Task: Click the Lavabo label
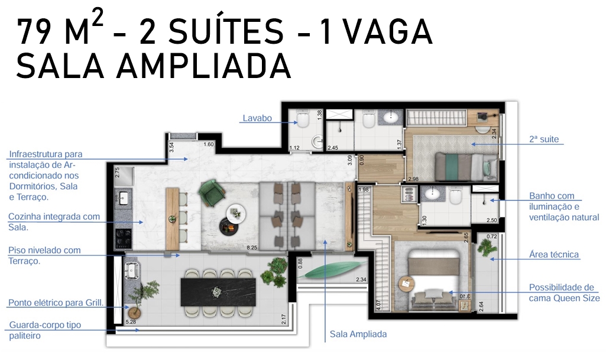257,118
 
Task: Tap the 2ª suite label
544,139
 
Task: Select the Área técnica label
554,254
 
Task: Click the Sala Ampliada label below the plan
358,334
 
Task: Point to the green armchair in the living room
212,193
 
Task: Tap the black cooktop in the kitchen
124,238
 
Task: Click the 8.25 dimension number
252,248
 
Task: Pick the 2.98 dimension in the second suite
413,179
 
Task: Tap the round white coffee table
236,213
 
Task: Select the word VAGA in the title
388,32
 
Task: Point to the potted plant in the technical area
486,246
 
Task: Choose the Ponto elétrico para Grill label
56,303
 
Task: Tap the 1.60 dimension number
208,144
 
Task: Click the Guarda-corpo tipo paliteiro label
45,330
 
